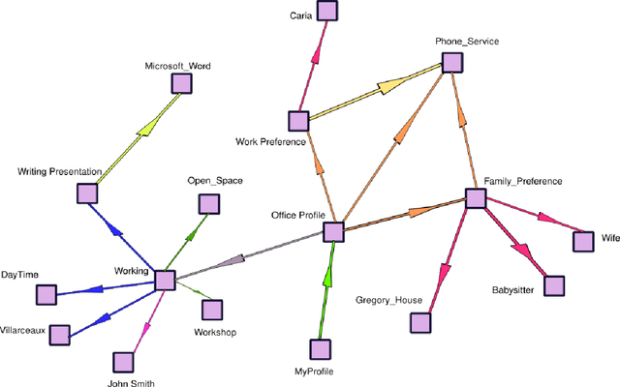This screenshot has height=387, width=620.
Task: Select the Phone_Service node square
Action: click(452, 62)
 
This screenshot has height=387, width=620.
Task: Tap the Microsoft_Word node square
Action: click(181, 84)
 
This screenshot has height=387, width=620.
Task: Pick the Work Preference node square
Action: click(298, 121)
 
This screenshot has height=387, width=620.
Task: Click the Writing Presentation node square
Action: click(87, 193)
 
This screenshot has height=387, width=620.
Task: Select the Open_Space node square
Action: click(208, 203)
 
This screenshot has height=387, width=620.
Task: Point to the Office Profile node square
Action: click(333, 232)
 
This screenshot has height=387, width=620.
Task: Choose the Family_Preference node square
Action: click(475, 198)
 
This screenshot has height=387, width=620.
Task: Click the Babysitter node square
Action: click(553, 285)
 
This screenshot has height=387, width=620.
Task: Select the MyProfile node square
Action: click(321, 348)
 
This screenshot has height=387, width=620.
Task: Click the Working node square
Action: click(165, 281)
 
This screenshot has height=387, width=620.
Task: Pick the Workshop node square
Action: click(212, 310)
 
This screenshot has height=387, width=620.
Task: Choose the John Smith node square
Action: click(123, 362)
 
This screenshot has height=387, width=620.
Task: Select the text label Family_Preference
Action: click(524, 181)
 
